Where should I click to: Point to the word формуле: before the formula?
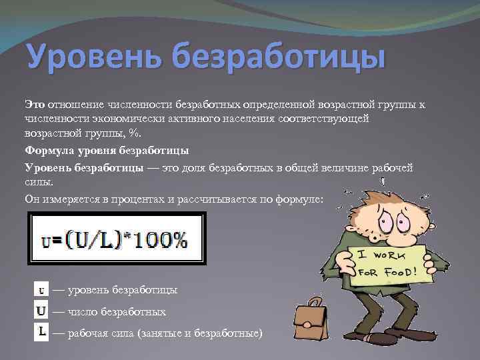pyautogui.click(x=299, y=199)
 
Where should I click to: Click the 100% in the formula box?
pyautogui.click(x=163, y=239)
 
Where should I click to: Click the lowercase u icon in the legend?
pyautogui.click(x=41, y=290)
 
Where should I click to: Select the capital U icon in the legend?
pyautogui.click(x=41, y=311)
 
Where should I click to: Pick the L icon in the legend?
pyautogui.click(x=41, y=331)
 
